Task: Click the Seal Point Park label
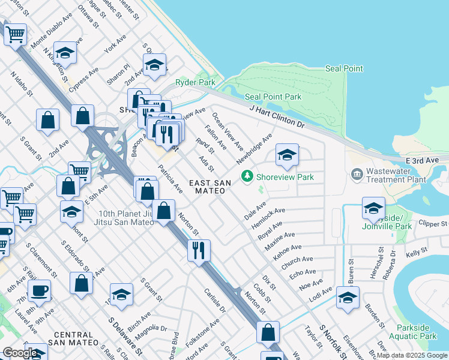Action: tap(273, 97)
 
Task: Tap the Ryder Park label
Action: tap(195, 82)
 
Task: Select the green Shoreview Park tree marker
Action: tap(246, 176)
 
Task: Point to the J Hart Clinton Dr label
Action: tap(278, 116)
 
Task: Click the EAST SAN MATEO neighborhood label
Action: tap(207, 187)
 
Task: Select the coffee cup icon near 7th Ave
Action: tap(39, 291)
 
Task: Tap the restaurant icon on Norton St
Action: tap(199, 248)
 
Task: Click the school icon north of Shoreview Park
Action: tap(287, 155)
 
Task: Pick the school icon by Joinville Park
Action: tap(373, 208)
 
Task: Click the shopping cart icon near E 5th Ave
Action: tap(79, 172)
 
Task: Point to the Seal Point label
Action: tap(344, 68)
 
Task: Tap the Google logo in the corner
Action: tap(20, 353)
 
